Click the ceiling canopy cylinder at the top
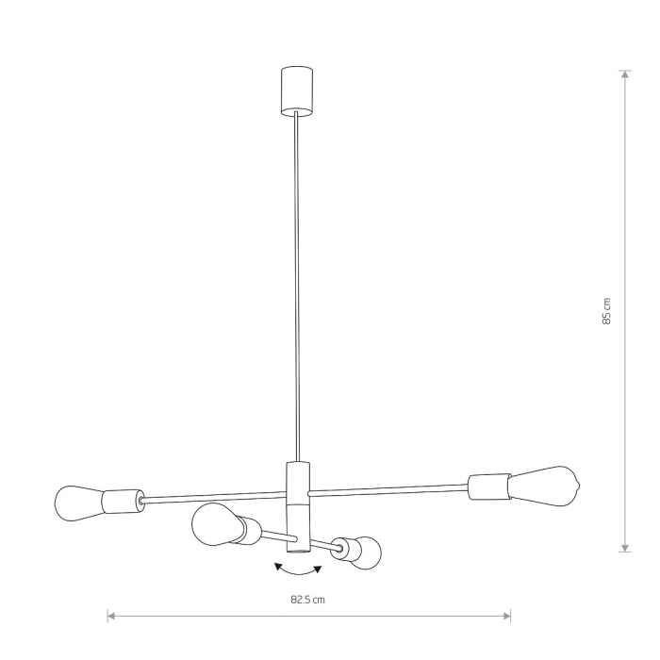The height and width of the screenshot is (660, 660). [x=297, y=89]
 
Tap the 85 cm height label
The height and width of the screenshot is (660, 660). [x=608, y=310]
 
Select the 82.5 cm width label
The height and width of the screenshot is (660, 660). [x=308, y=599]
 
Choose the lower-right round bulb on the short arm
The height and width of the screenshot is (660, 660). [x=366, y=551]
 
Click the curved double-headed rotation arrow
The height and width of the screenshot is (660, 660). [x=297, y=569]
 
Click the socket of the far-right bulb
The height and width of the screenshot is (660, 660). [x=487, y=487]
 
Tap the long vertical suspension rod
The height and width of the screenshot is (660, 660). [x=298, y=283]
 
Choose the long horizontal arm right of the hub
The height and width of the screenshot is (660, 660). [x=387, y=488]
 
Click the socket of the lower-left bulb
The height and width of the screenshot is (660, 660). [x=248, y=532]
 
